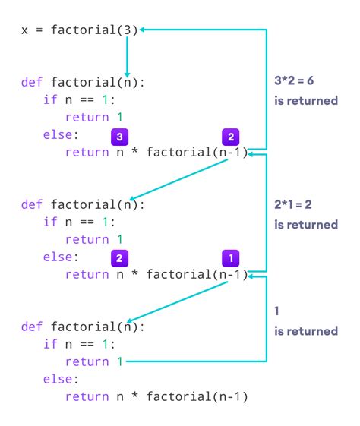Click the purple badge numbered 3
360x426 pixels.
coord(118,137)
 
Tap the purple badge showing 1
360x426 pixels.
coord(231,257)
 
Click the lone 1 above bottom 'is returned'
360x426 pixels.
coord(276,312)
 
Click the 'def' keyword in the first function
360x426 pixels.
coord(33,82)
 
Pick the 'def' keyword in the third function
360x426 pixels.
coord(33,327)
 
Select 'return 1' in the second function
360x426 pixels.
coord(94,240)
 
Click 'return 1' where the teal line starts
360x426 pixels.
coord(94,362)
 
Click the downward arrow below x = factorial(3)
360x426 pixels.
coord(126,65)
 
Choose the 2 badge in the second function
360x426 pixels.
coord(118,257)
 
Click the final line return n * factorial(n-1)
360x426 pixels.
coord(156,397)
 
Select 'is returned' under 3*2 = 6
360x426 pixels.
coord(305,101)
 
